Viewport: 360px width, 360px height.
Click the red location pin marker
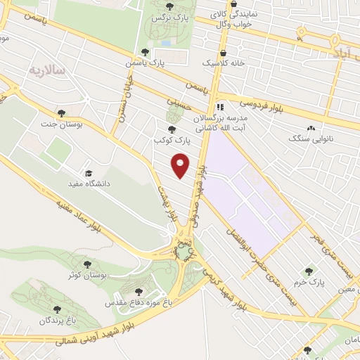(x=181, y=165)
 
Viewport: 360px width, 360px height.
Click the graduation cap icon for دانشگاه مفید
(x=89, y=174)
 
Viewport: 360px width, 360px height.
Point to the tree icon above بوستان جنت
(x=62, y=112)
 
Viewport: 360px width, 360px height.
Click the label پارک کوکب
(x=173, y=141)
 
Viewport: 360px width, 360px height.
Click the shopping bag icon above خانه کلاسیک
(x=224, y=52)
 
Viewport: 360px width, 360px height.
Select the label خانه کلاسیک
(x=221, y=64)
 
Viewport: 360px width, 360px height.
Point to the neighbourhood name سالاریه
(x=48, y=71)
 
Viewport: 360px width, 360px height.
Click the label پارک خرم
(x=309, y=283)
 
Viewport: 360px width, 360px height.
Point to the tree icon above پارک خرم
(x=308, y=271)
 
